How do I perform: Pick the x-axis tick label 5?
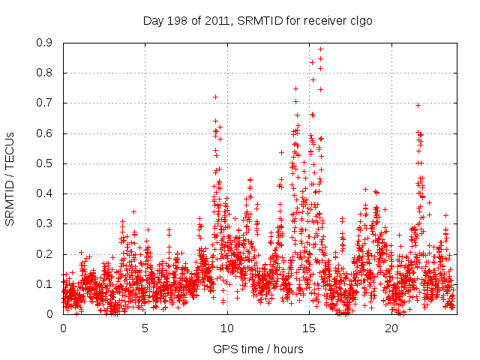point(145,328)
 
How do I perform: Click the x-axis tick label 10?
point(227,328)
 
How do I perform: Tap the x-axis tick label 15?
point(310,328)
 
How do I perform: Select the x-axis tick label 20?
point(392,328)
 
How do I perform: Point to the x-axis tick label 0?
point(63,328)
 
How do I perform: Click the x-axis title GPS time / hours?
point(259,349)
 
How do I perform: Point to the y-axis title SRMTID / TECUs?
point(10,178)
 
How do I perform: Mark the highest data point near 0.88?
point(320,49)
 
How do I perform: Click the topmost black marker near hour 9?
point(215,97)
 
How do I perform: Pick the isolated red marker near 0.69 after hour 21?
point(418,105)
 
